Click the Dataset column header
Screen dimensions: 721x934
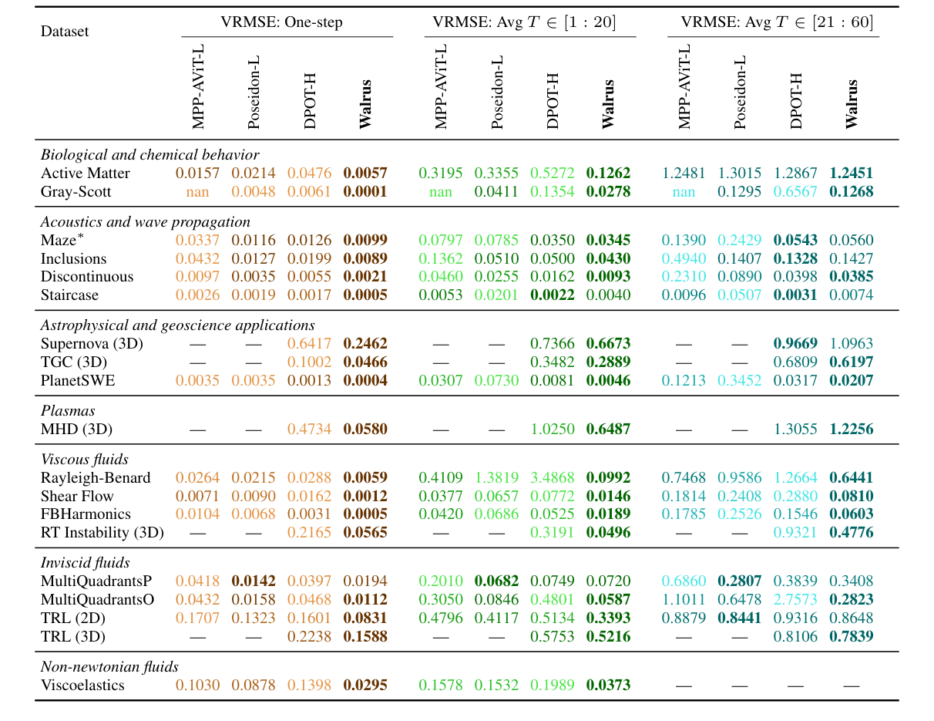coord(65,32)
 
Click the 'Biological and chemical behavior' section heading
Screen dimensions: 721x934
coord(150,155)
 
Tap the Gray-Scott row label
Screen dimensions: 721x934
coord(76,191)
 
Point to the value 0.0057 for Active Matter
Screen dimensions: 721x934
coord(365,174)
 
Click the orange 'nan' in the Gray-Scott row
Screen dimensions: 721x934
coord(197,191)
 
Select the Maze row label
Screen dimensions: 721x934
coord(58,241)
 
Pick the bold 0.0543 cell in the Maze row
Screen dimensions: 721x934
coord(795,241)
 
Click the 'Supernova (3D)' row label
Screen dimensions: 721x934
coord(92,344)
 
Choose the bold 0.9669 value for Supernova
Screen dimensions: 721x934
coord(795,344)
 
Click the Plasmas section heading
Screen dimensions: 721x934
coord(68,411)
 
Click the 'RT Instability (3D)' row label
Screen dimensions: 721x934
coord(102,532)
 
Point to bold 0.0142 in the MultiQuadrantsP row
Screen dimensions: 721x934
coord(254,581)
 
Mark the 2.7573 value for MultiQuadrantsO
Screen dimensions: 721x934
coord(795,599)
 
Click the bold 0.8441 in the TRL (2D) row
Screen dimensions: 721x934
coord(740,618)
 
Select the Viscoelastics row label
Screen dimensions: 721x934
coord(82,685)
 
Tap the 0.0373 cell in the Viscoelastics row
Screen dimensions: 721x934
coord(608,685)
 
